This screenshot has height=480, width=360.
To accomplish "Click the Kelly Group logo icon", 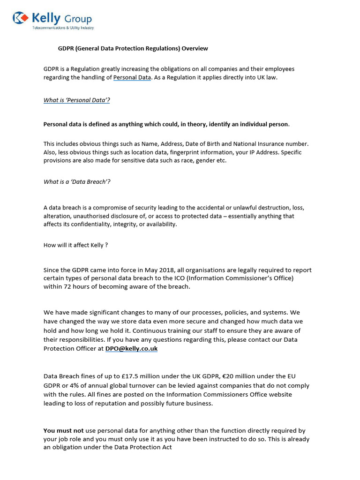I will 21,18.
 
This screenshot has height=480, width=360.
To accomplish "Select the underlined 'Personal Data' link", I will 132,78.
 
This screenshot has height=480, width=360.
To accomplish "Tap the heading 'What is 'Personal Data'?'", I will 77,100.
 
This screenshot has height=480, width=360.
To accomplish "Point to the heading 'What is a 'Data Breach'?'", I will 77,182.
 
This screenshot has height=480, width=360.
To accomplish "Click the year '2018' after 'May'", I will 164,270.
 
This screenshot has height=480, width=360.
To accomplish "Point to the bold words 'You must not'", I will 63,430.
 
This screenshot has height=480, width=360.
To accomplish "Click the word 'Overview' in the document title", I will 196,48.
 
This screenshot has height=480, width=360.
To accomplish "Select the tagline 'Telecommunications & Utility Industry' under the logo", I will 63,28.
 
